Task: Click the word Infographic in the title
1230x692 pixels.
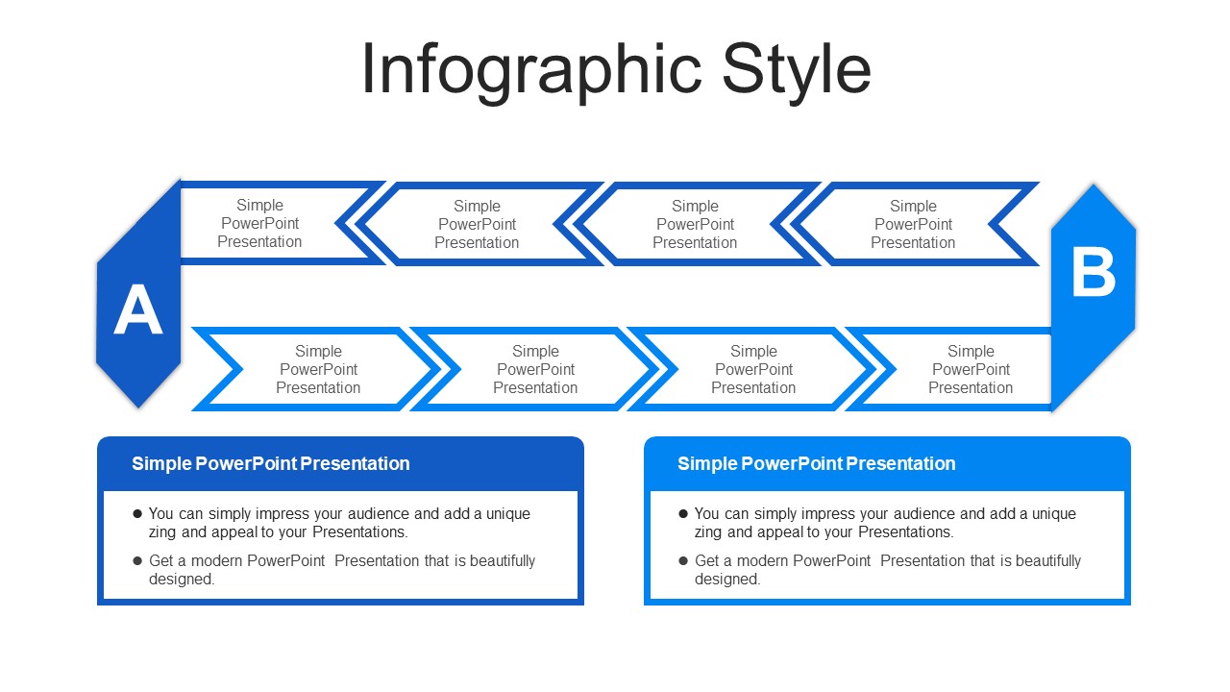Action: coord(531,71)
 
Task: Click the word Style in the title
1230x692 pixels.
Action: coord(797,71)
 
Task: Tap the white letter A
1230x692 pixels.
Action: coord(137,309)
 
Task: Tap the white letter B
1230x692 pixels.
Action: coord(1094,272)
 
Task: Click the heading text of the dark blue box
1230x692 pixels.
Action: coord(271,463)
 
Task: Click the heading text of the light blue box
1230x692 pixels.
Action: coord(817,463)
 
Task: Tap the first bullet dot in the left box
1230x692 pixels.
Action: coord(137,513)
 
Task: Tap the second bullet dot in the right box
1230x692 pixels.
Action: coord(683,560)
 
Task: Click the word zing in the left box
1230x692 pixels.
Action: coord(162,532)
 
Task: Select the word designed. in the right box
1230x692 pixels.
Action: coord(727,579)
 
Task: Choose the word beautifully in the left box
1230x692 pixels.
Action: coord(503,560)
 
